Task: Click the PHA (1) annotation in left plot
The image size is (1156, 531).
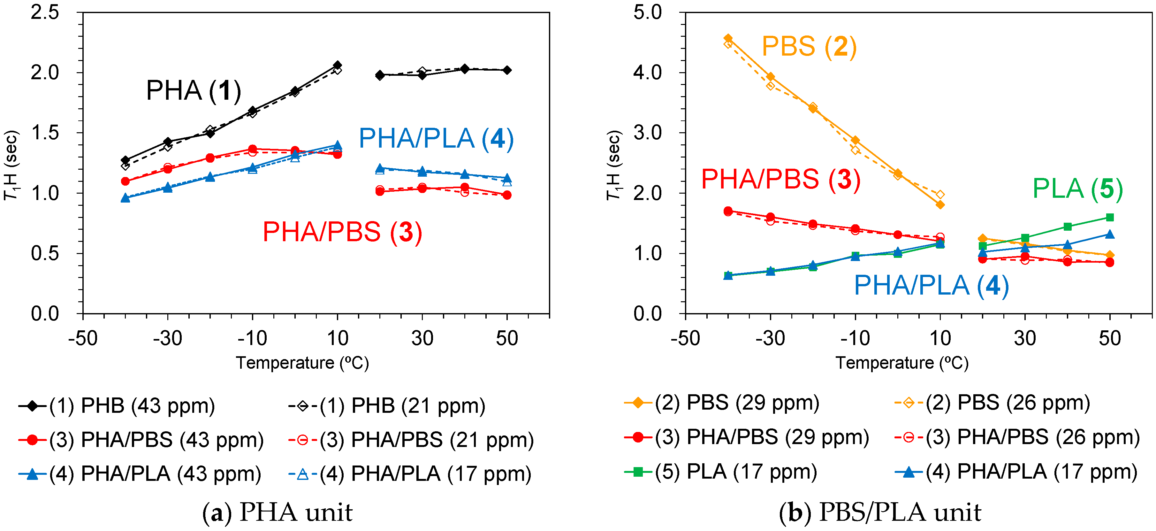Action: (194, 91)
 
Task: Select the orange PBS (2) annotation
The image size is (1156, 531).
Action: (809, 46)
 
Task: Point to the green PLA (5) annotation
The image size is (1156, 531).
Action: (1077, 189)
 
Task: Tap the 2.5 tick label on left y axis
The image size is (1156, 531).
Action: (45, 12)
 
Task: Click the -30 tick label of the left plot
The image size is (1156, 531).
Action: (167, 338)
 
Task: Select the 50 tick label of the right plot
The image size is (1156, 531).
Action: (1109, 338)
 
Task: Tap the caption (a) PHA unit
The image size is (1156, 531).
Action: (277, 512)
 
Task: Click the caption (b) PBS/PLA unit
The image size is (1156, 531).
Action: (879, 512)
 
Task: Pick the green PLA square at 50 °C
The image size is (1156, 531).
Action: (1110, 218)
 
